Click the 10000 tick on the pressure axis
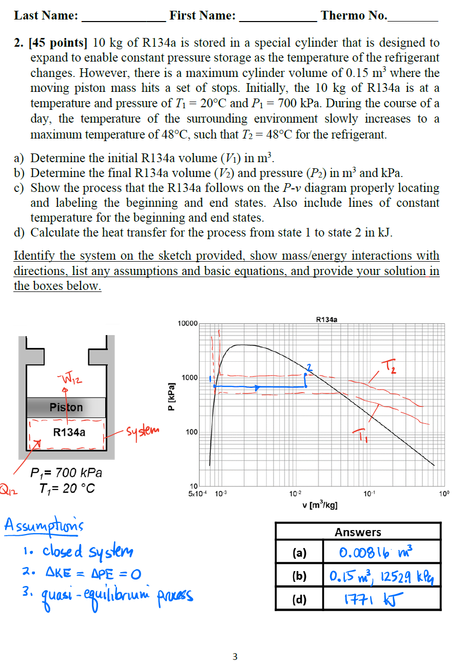(x=187, y=324)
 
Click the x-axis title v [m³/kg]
(x=320, y=505)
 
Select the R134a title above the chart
(x=327, y=320)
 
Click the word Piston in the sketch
(x=66, y=407)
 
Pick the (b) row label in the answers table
(x=299, y=576)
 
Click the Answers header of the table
(x=358, y=532)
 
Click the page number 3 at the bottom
(x=235, y=656)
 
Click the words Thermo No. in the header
(x=354, y=15)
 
